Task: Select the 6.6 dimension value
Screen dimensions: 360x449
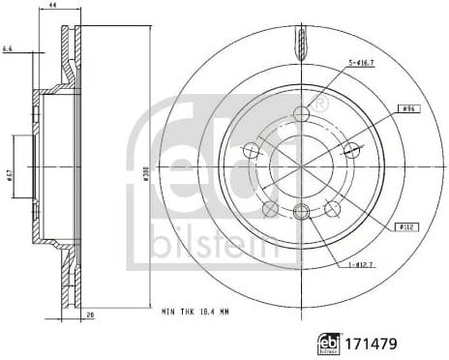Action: (8, 47)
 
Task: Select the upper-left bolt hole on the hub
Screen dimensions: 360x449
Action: (252, 150)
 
